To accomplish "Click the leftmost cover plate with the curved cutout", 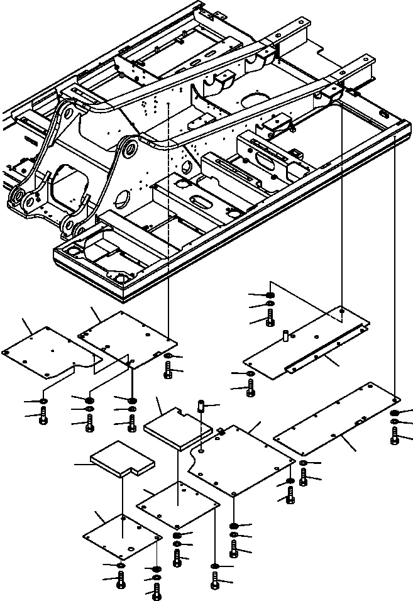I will [47, 352].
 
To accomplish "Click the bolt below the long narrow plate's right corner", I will [394, 436].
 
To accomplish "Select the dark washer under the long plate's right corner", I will [394, 413].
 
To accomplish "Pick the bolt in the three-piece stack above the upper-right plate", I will [269, 319].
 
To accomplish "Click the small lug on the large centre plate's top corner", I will [221, 431].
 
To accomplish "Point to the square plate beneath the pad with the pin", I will [178, 505].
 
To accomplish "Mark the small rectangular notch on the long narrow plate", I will [358, 422].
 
